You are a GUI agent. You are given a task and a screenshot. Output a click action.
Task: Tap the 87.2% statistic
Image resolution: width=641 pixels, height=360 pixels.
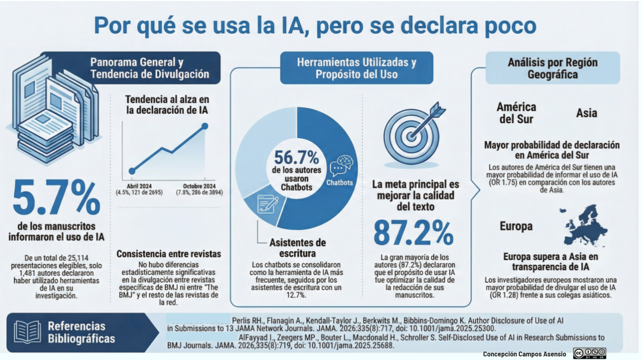tap(413, 233)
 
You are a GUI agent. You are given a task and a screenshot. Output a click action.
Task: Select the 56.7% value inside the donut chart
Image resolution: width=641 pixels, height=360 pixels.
tap(296, 157)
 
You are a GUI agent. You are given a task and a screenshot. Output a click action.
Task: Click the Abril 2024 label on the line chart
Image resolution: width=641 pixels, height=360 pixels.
tap(139, 186)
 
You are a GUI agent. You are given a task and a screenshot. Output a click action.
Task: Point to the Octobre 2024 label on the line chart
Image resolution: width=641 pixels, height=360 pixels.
tap(199, 186)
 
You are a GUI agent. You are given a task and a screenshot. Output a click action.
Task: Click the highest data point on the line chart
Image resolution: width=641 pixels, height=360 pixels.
tap(205, 126)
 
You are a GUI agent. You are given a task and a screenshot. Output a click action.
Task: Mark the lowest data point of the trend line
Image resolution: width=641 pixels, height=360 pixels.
tap(132, 171)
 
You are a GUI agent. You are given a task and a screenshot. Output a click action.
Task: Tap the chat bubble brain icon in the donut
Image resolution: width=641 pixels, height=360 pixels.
tap(341, 165)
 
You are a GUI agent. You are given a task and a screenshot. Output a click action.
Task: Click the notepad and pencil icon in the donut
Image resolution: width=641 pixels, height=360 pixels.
tap(267, 204)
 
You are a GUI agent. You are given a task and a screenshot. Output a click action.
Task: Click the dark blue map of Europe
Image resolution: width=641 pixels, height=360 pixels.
tap(585, 225)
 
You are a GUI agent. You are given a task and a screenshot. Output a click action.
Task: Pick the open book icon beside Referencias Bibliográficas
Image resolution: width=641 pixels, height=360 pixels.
tap(27, 332)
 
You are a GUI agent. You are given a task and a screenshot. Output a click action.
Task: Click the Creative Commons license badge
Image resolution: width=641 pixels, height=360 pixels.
tap(589, 353)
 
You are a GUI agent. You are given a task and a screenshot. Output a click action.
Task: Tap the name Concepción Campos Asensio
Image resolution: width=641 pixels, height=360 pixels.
tap(524, 354)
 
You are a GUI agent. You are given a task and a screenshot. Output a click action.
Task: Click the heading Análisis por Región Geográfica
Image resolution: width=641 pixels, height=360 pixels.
tap(552, 68)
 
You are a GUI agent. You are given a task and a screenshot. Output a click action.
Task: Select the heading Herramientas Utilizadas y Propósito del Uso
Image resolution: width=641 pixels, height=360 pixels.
tap(356, 68)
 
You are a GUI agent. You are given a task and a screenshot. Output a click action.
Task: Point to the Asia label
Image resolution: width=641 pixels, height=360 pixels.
tap(586, 113)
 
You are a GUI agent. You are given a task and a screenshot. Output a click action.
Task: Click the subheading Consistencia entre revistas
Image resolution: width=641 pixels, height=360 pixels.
tap(169, 254)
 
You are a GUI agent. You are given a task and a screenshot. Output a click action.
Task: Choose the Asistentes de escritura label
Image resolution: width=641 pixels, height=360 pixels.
tap(297, 248)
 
